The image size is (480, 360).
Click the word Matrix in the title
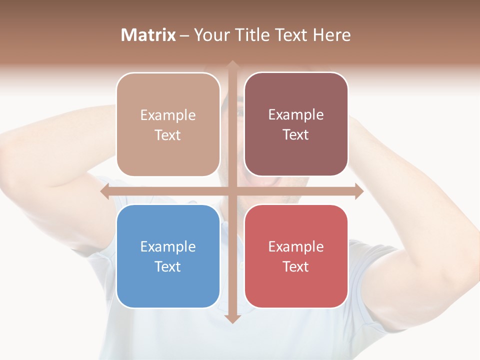[x=148, y=35]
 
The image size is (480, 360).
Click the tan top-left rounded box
[x=168, y=124]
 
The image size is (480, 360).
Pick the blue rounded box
[x=168, y=256]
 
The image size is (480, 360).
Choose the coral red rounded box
[x=296, y=256]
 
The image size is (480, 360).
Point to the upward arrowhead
[x=232, y=65]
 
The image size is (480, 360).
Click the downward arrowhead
[x=232, y=318]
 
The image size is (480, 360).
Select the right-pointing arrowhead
[x=358, y=191]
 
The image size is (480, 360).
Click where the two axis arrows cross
[x=232, y=191]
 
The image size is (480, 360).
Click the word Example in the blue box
[x=168, y=246]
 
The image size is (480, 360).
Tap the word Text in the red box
[x=296, y=266]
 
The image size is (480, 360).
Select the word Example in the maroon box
[x=296, y=114]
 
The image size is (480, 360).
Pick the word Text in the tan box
[x=168, y=135]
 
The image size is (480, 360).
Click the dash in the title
[x=184, y=35]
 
